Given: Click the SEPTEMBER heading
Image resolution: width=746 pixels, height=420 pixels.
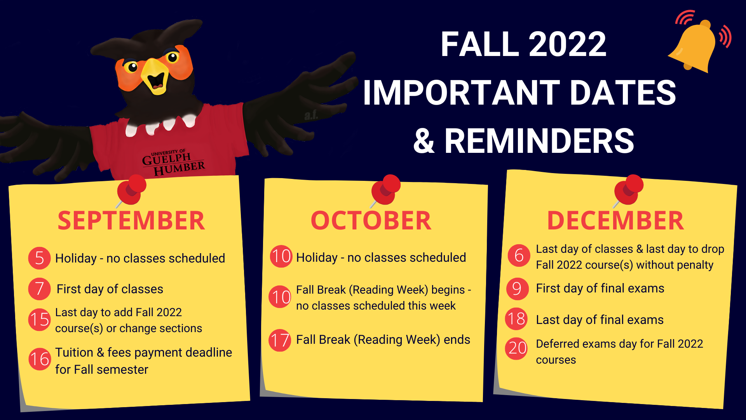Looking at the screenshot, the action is (x=131, y=220).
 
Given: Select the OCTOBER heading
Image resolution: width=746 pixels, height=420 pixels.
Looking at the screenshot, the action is (x=371, y=220).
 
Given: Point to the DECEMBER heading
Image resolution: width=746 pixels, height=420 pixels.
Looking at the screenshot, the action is (x=615, y=220).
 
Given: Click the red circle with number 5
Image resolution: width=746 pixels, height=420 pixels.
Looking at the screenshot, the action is (x=39, y=258).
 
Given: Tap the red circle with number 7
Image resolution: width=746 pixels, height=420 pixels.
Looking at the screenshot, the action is (x=39, y=289).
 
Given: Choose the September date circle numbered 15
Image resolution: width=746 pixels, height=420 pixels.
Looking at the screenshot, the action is (x=39, y=320).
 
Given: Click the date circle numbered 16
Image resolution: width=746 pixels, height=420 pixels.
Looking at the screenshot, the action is (x=40, y=359).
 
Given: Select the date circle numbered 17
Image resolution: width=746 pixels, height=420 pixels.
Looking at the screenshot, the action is (x=280, y=340).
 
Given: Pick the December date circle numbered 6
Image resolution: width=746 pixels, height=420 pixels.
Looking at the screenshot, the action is (x=519, y=255).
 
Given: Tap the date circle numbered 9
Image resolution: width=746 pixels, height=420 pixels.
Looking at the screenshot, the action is (x=518, y=289).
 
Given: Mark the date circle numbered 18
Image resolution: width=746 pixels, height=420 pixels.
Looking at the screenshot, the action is (x=516, y=319).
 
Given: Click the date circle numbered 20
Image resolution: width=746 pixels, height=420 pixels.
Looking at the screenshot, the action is (x=517, y=348).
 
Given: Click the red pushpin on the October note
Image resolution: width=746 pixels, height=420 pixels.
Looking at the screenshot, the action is (x=385, y=190).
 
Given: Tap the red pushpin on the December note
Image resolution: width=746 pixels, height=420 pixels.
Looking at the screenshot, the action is (x=627, y=190).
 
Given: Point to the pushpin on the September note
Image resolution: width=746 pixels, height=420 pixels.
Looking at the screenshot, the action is (x=131, y=190).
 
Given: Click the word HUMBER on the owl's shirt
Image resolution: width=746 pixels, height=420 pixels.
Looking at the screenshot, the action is (x=179, y=169).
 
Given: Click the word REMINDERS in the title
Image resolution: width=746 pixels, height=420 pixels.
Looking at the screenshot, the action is (x=539, y=141).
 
